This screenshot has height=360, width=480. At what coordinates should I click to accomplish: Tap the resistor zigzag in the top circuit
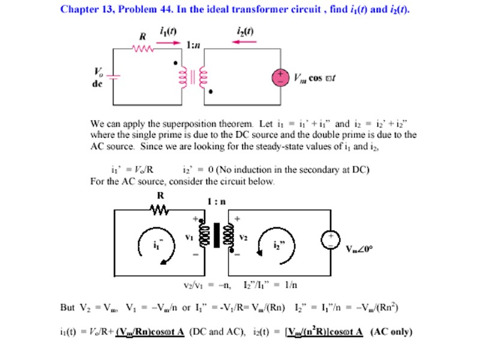point(143,50)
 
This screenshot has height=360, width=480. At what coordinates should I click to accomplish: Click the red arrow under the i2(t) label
point(245,41)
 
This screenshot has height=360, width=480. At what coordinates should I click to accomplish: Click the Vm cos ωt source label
point(315,79)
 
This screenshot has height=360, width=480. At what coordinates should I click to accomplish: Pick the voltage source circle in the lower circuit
point(330,239)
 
